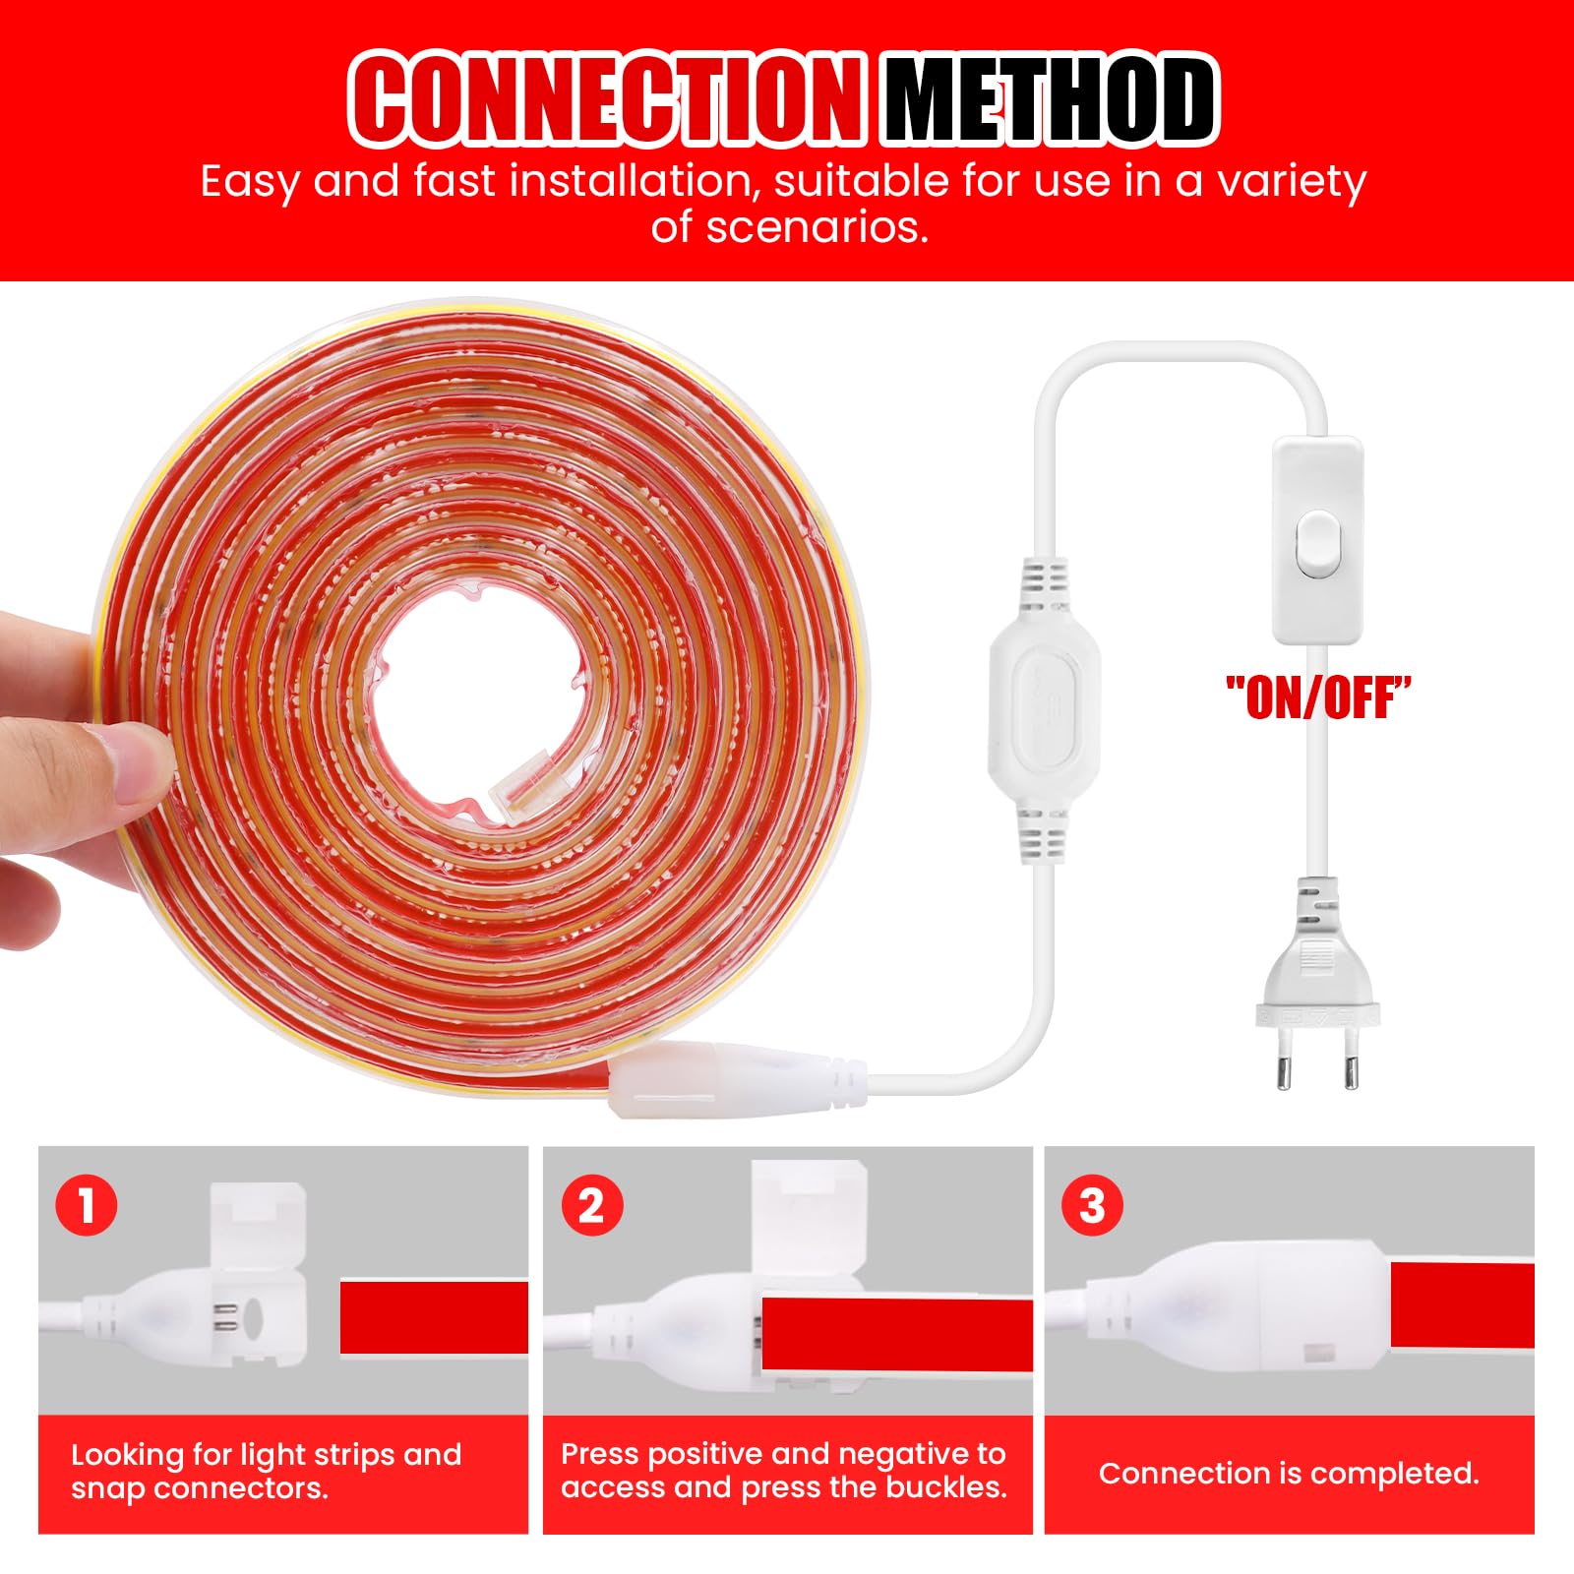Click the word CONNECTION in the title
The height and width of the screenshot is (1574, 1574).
click(x=607, y=99)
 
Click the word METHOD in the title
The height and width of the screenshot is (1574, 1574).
click(x=1049, y=99)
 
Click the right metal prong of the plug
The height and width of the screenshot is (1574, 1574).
click(x=1350, y=1063)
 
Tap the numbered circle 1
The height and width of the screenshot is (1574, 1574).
click(x=87, y=1205)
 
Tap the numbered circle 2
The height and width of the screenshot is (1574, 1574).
click(x=591, y=1205)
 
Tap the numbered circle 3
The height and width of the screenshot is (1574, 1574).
click(x=1092, y=1205)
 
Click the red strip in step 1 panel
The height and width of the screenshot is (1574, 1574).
click(x=434, y=1317)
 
